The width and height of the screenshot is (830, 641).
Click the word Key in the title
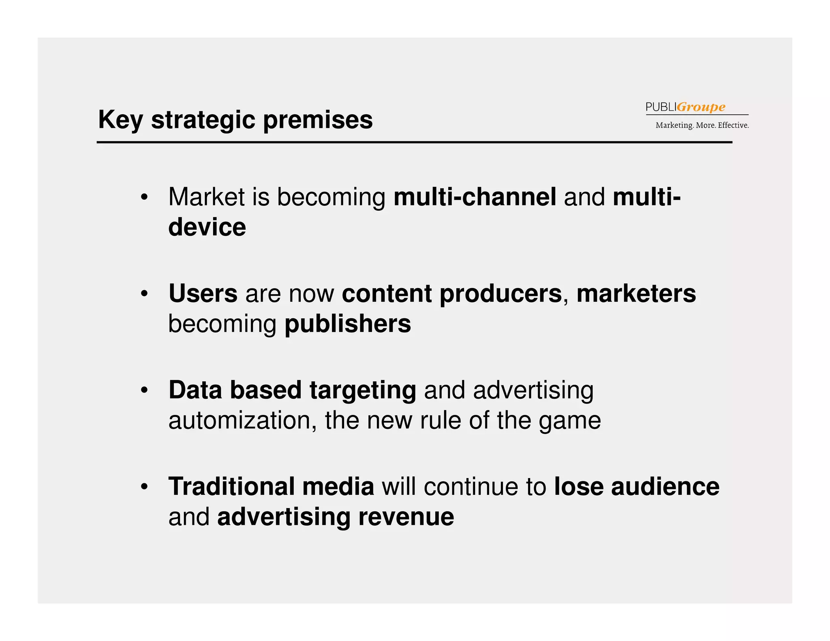click(120, 120)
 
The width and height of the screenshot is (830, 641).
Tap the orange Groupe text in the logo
click(701, 107)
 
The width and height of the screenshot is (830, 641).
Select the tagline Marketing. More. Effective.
click(702, 125)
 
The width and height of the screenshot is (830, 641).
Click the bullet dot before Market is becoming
click(144, 198)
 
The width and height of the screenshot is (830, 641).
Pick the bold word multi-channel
click(475, 197)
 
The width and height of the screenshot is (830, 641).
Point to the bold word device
click(207, 227)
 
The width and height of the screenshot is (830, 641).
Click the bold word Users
click(203, 293)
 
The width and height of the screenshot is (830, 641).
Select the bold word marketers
click(636, 293)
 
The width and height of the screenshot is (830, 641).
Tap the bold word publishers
click(348, 324)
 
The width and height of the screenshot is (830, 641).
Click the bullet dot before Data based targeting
click(144, 391)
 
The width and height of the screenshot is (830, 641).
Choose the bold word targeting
click(363, 391)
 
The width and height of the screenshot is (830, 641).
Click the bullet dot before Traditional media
click(144, 487)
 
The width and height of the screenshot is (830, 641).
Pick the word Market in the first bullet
click(206, 197)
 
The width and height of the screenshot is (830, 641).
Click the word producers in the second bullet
click(501, 293)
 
